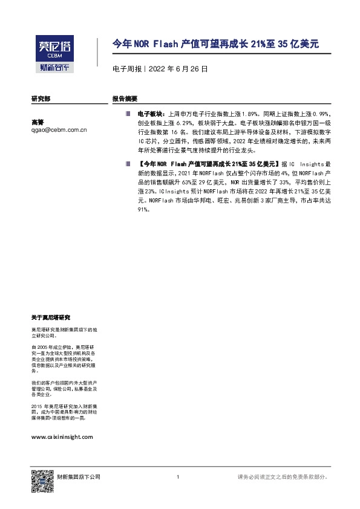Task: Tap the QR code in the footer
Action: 38,478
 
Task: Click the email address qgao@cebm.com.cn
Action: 59,129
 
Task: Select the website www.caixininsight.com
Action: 62,436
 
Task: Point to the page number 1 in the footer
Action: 177,478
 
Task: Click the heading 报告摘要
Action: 125,98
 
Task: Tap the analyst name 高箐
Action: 38,122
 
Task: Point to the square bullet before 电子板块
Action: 128,113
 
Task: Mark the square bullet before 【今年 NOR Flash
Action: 128,164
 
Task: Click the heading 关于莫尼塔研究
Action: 51,317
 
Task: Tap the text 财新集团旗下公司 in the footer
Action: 74,478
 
